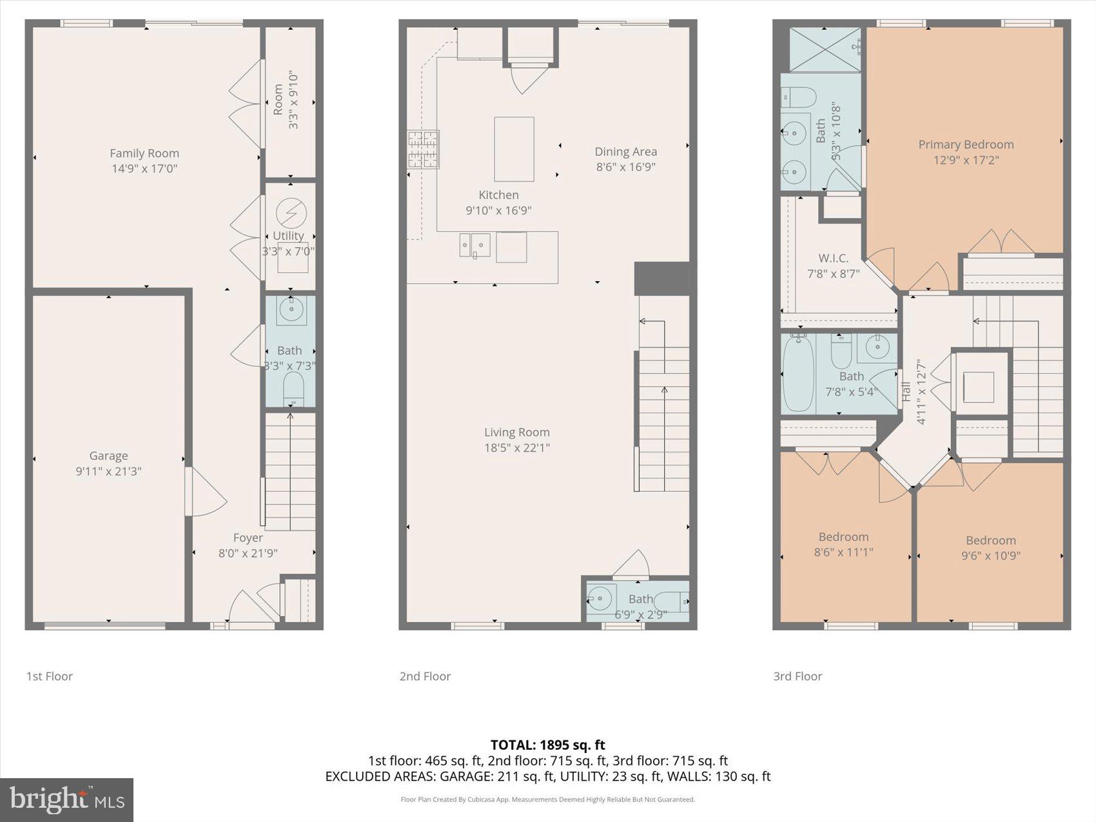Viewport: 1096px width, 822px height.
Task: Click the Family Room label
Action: pyautogui.click(x=144, y=153)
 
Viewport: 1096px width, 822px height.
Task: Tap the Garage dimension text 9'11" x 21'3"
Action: pyautogui.click(x=108, y=471)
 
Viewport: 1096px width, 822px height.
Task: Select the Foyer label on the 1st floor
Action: pyautogui.click(x=248, y=538)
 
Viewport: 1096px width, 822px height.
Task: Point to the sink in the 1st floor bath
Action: pyautogui.click(x=292, y=311)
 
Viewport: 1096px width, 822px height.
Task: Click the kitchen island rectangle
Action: pyautogui.click(x=514, y=149)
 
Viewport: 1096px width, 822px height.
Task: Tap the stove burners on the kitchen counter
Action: pyautogui.click(x=423, y=150)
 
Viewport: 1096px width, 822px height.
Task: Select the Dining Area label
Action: pyautogui.click(x=625, y=152)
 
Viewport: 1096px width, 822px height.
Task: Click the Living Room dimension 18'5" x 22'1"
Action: pyautogui.click(x=516, y=448)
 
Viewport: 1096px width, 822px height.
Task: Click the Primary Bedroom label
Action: pyautogui.click(x=966, y=144)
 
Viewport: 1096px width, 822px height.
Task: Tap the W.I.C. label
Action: pyautogui.click(x=833, y=258)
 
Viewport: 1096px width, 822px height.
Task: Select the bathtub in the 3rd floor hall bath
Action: pyautogui.click(x=798, y=374)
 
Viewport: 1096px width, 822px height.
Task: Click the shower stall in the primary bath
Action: pyautogui.click(x=825, y=49)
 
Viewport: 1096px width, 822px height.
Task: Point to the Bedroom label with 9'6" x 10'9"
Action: pyautogui.click(x=990, y=540)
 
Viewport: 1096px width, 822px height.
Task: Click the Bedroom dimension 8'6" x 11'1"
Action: pyautogui.click(x=843, y=553)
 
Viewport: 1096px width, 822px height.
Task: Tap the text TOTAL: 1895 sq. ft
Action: pyautogui.click(x=547, y=745)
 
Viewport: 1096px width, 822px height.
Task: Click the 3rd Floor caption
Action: pyautogui.click(x=798, y=676)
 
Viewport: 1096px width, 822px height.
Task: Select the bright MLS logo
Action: pyautogui.click(x=67, y=799)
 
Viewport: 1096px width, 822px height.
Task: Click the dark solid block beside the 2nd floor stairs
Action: pyautogui.click(x=661, y=279)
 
